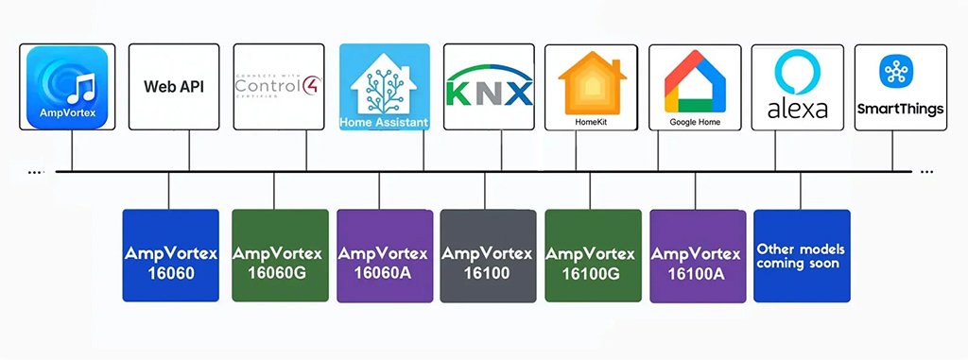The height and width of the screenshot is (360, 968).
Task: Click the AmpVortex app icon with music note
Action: [x=70, y=87]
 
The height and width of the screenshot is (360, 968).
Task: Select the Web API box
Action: [x=174, y=87]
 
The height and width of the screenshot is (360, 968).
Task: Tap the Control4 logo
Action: [x=280, y=87]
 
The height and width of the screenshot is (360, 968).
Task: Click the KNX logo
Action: [x=489, y=87]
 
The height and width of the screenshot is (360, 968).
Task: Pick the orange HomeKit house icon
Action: [x=592, y=80]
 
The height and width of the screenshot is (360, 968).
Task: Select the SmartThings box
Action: [x=899, y=87]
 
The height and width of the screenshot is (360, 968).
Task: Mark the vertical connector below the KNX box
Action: [x=490, y=151]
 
